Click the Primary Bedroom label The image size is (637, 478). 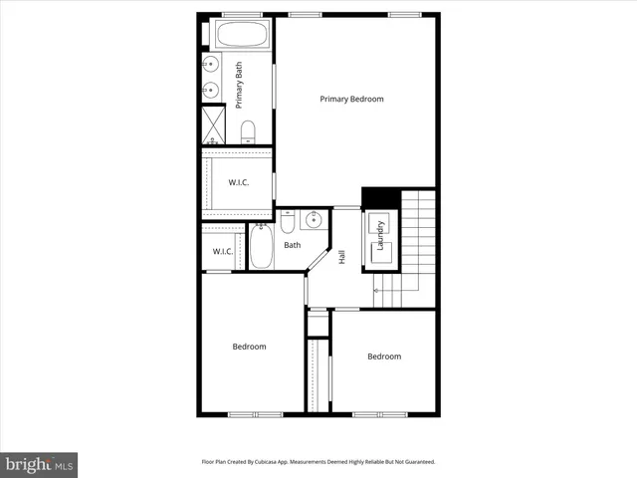pyautogui.click(x=351, y=99)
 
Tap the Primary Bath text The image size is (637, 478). pyautogui.click(x=239, y=84)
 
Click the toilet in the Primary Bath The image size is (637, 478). pyautogui.click(x=248, y=131)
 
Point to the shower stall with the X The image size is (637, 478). pyautogui.click(x=214, y=124)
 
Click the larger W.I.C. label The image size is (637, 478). pyautogui.click(x=238, y=182)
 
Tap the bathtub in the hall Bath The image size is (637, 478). pyautogui.click(x=261, y=246)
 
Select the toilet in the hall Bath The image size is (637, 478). pyautogui.click(x=286, y=219)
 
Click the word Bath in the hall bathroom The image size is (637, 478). pyautogui.click(x=292, y=245)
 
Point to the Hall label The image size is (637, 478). pyautogui.click(x=342, y=256)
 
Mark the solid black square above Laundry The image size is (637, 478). pyautogui.click(x=379, y=198)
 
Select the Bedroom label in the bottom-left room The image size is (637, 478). pyautogui.click(x=249, y=347)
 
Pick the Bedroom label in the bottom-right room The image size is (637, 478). pyautogui.click(x=383, y=357)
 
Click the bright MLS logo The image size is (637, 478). pyautogui.click(x=39, y=464)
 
